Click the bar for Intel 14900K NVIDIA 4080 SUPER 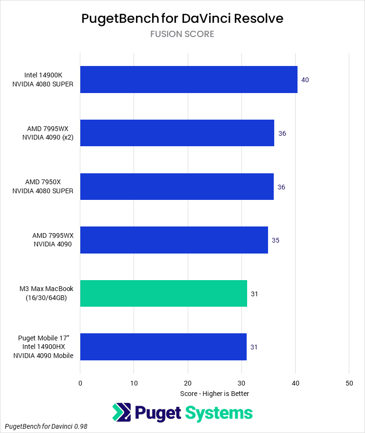(189, 80)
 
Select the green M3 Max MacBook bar (163, 293)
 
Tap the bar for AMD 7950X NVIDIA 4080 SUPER (177, 187)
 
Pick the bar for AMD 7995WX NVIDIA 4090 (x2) (177, 133)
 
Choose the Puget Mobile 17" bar (163, 347)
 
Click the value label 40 (305, 80)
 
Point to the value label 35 (276, 240)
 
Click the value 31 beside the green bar (254, 294)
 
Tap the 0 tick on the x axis (80, 383)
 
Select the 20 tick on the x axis (188, 383)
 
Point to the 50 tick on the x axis (349, 383)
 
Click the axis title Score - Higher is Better (215, 394)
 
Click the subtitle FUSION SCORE (182, 34)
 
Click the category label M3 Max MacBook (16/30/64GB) (47, 293)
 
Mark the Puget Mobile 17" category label (43, 347)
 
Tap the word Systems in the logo (219, 413)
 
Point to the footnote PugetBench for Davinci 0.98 (47, 427)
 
